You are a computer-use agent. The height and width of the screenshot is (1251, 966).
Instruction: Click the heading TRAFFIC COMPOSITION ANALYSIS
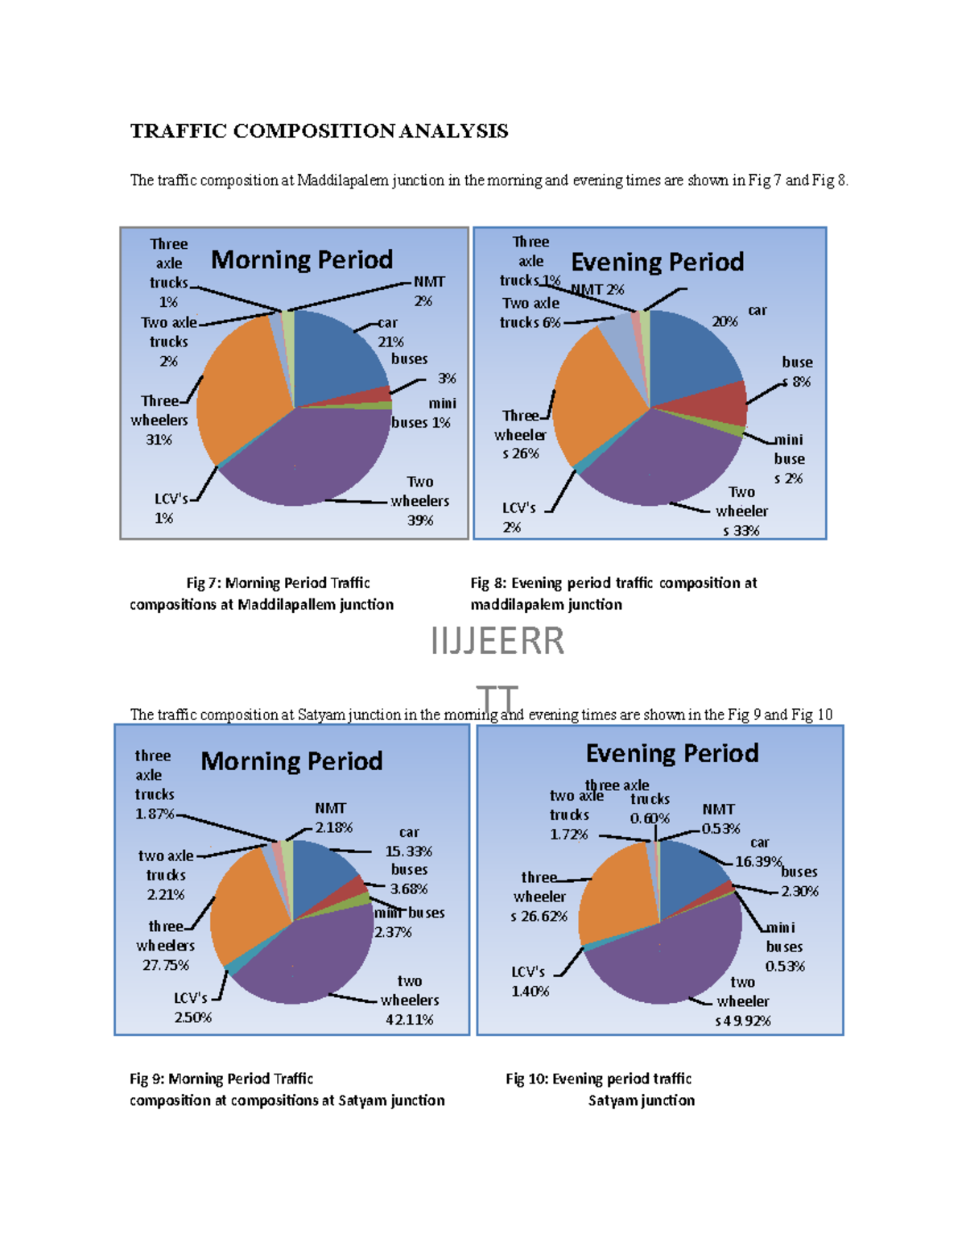[319, 131]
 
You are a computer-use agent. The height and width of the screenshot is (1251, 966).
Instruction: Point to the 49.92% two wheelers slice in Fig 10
[668, 963]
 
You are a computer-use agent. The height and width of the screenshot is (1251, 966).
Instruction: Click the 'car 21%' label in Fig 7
[390, 332]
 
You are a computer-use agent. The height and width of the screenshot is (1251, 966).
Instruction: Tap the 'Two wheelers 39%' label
[419, 501]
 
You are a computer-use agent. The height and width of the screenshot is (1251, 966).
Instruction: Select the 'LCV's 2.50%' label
[192, 1008]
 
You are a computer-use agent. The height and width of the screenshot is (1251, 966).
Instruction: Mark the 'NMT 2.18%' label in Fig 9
[332, 818]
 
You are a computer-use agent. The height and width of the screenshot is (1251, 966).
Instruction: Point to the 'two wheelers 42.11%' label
[410, 1000]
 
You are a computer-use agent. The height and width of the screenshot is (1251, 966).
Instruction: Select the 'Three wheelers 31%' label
[159, 420]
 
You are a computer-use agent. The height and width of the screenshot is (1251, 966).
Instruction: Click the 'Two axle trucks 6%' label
[530, 313]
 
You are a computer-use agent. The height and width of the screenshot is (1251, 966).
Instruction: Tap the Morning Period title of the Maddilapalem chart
[302, 260]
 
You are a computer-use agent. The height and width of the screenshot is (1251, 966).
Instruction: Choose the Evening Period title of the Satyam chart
[672, 753]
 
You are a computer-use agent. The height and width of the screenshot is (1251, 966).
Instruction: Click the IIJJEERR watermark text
[497, 642]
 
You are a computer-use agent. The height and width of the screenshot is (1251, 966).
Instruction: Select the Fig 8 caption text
[613, 594]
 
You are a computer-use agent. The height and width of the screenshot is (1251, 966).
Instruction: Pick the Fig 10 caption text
[600, 1089]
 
